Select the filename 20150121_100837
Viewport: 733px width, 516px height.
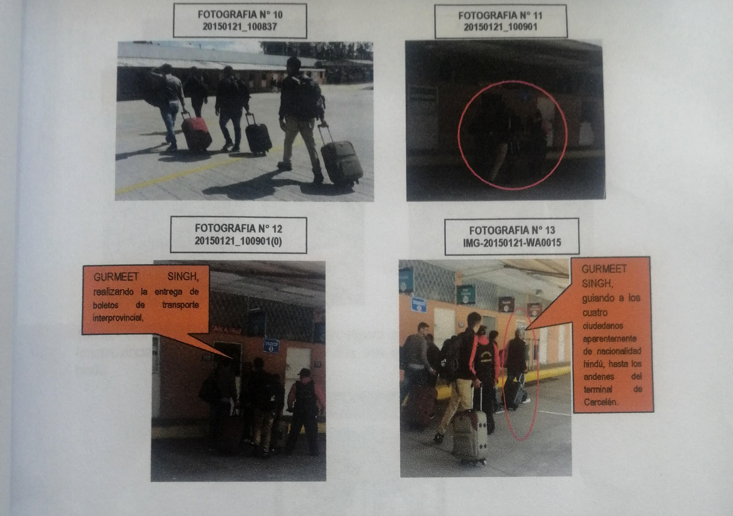point(239,26)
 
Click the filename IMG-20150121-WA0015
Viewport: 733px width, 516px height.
point(512,243)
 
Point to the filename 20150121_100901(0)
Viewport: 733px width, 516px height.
point(238,241)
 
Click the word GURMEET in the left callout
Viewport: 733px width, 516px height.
point(116,277)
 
